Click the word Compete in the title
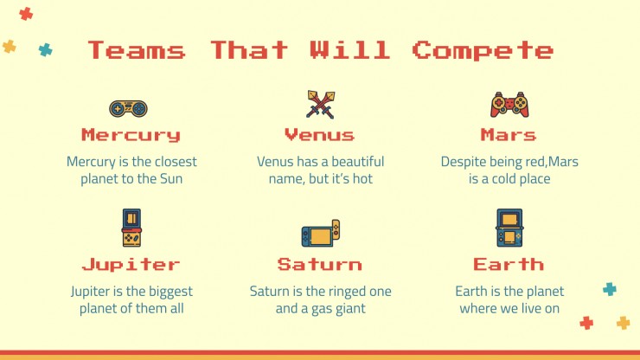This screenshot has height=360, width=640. coord(483,51)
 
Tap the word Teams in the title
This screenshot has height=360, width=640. coord(137,50)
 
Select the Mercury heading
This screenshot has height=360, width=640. coord(131,135)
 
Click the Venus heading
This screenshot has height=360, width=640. coord(320,135)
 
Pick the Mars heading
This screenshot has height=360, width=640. coord(509,135)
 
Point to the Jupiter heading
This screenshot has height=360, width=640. coord(131,265)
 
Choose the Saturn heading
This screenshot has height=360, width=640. coord(320,265)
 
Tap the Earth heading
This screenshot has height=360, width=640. coord(509,265)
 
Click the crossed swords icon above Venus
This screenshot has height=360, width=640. coord(321,105)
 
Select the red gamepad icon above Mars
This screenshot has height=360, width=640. coord(509,105)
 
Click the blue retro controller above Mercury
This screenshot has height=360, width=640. coord(128,108)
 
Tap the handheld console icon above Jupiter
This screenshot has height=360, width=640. coord(131,228)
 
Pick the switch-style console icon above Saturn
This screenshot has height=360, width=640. coord(320,234)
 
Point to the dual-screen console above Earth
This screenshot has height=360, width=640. coord(509,228)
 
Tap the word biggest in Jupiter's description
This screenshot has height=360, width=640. coord(170,292)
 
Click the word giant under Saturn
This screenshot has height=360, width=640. coord(350,309)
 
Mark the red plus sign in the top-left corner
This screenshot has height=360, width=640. coord(26,14)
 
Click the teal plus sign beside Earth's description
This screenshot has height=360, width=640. coord(610,289)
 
